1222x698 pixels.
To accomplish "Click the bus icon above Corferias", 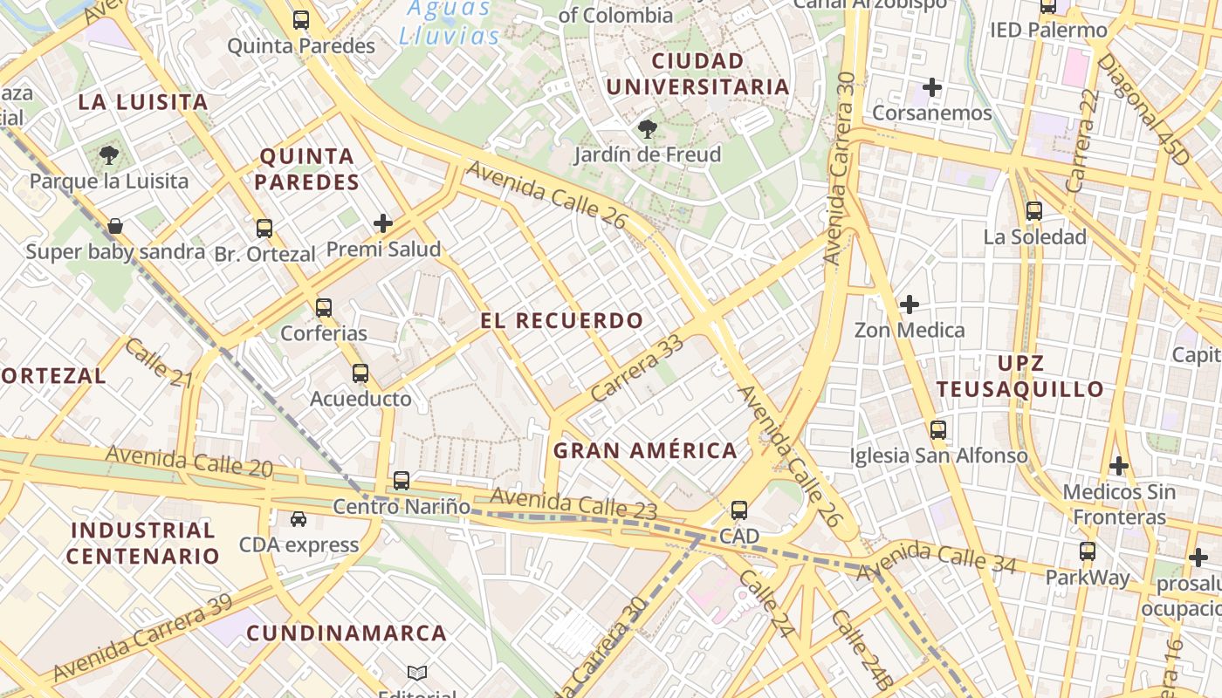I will click(324, 307).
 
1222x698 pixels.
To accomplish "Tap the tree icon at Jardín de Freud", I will click(648, 130).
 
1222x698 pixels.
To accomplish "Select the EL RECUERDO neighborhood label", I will click(562, 320).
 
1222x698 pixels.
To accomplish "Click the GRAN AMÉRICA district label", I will click(645, 451).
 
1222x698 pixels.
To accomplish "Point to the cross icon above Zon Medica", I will click(910, 305).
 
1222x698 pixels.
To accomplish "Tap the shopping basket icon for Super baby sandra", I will click(115, 227).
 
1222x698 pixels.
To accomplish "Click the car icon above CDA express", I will click(299, 519).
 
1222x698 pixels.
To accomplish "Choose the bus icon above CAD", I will click(739, 510).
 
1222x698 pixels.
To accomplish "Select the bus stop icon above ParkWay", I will click(1088, 551).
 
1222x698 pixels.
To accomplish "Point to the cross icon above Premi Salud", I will click(383, 223).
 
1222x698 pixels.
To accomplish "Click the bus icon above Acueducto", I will click(360, 373).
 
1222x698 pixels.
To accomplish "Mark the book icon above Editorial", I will click(417, 673).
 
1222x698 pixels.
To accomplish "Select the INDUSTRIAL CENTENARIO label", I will click(143, 543).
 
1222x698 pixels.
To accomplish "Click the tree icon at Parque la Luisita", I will click(109, 156).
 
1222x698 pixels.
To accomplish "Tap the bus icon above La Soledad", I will click(1034, 210).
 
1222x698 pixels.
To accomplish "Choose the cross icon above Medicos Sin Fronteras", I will click(1119, 466).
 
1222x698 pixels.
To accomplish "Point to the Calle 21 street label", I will click(158, 362).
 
